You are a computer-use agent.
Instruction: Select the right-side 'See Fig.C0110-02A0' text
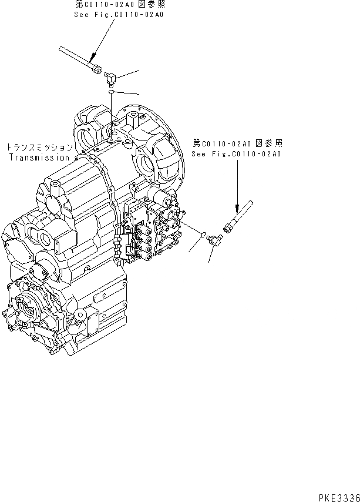(x=237, y=154)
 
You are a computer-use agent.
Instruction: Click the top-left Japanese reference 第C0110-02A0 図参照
(x=121, y=5)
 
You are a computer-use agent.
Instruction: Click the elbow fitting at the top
(x=112, y=77)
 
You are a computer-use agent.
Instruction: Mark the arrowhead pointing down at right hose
(x=237, y=212)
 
